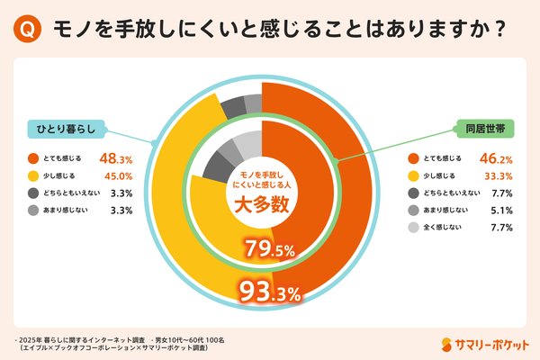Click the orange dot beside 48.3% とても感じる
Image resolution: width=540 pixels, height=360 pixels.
click(32, 157)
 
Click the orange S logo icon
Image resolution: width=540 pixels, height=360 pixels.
click(450, 342)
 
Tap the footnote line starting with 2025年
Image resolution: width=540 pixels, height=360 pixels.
click(117, 336)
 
